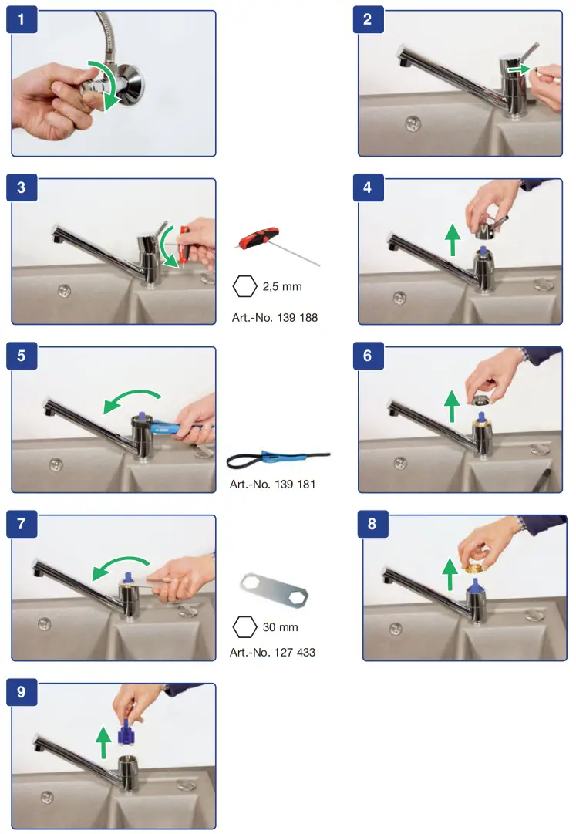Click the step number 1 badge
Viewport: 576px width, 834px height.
coord(22,20)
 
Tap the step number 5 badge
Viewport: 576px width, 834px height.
coord(22,356)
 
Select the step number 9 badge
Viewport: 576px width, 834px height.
coord(22,692)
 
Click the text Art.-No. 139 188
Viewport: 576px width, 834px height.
coord(275,318)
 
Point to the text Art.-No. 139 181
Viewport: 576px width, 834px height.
coord(273,484)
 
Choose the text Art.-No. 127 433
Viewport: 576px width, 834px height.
coord(273,652)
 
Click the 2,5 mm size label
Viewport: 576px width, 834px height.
coord(282,287)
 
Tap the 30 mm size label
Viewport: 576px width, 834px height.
coord(281,627)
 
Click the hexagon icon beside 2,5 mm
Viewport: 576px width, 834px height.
coord(245,286)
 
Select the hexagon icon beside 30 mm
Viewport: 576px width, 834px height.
coord(245,627)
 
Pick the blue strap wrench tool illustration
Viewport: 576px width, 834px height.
coord(278,458)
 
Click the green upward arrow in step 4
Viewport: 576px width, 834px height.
coord(452,240)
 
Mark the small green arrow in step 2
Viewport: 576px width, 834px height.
coord(520,69)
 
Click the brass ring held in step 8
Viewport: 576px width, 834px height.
coord(473,567)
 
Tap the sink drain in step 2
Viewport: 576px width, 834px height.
coord(413,124)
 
